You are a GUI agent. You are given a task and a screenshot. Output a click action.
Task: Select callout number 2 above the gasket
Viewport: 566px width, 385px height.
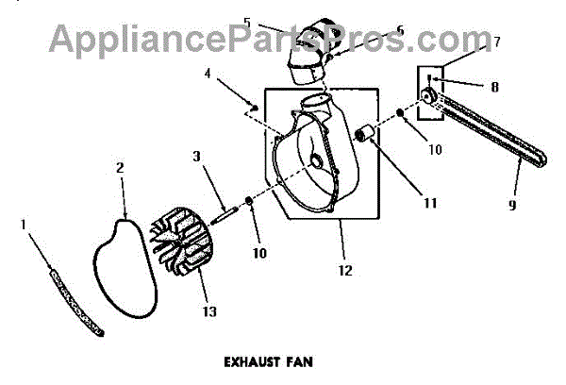tap(121, 168)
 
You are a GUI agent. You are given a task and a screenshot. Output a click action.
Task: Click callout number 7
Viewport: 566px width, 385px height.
tap(496, 42)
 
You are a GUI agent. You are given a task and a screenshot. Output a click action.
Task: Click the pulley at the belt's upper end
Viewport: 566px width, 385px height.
tap(429, 96)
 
